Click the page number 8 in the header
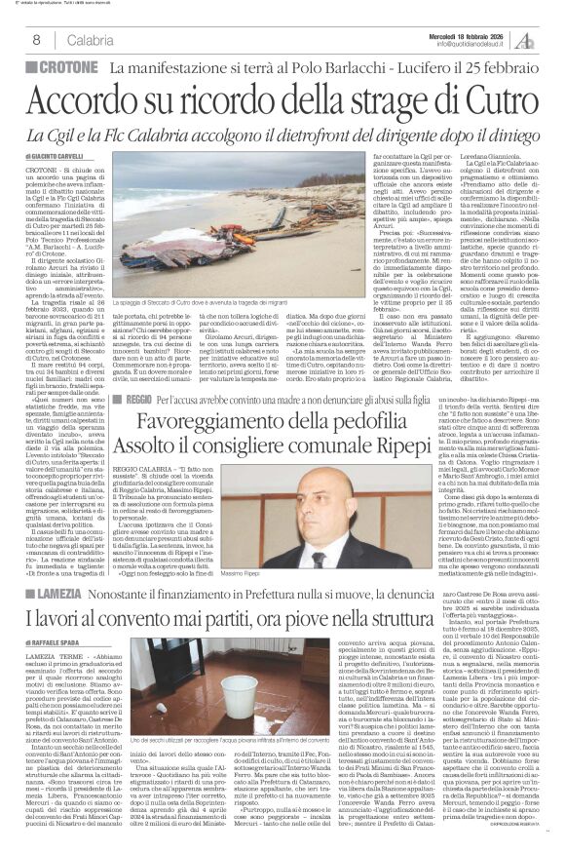click(35, 39)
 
